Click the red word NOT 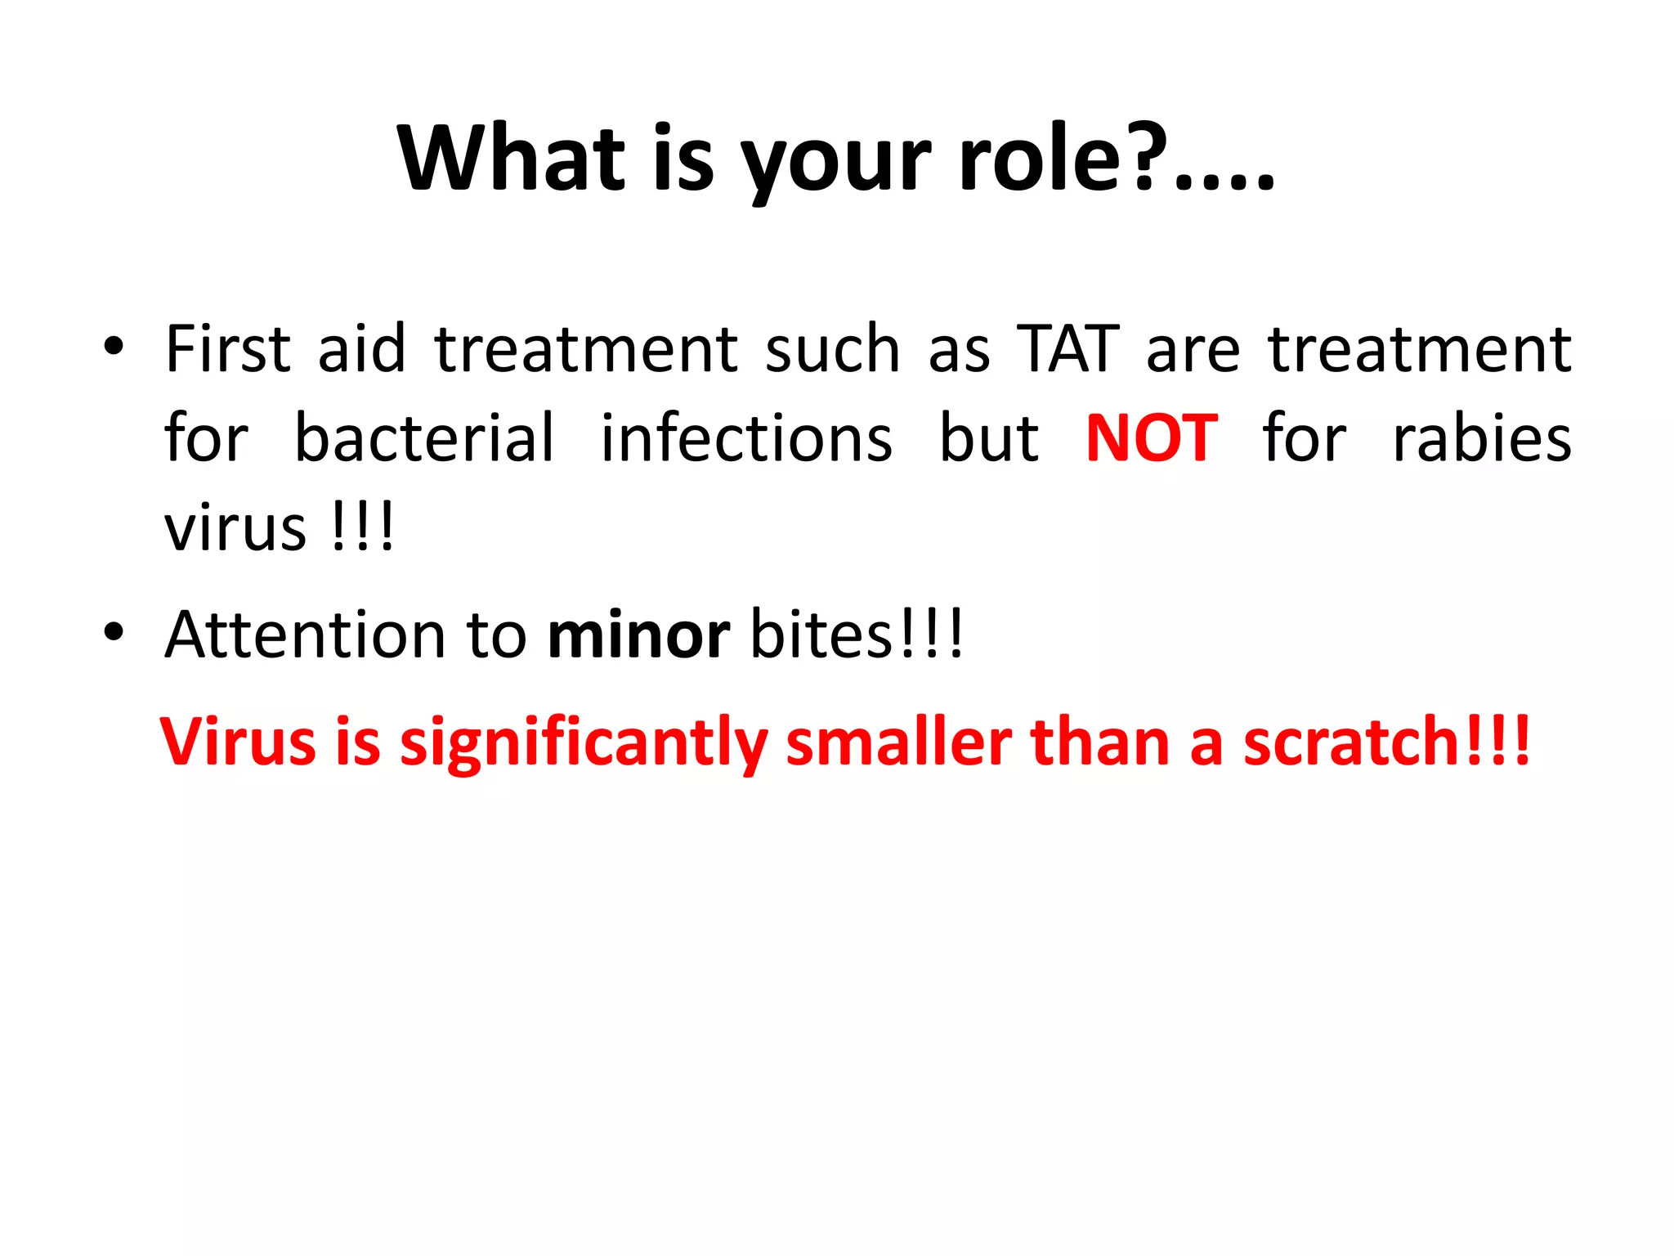coord(1152,438)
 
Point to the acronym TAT coord(1068,348)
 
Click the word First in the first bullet coord(228,348)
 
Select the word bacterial coord(424,438)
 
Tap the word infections coord(746,438)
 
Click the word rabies coord(1481,438)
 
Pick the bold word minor coord(638,635)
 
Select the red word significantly coord(583,742)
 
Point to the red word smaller coord(899,741)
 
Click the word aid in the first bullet coord(361,348)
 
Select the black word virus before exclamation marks coord(235,528)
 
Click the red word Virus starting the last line coord(238,741)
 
